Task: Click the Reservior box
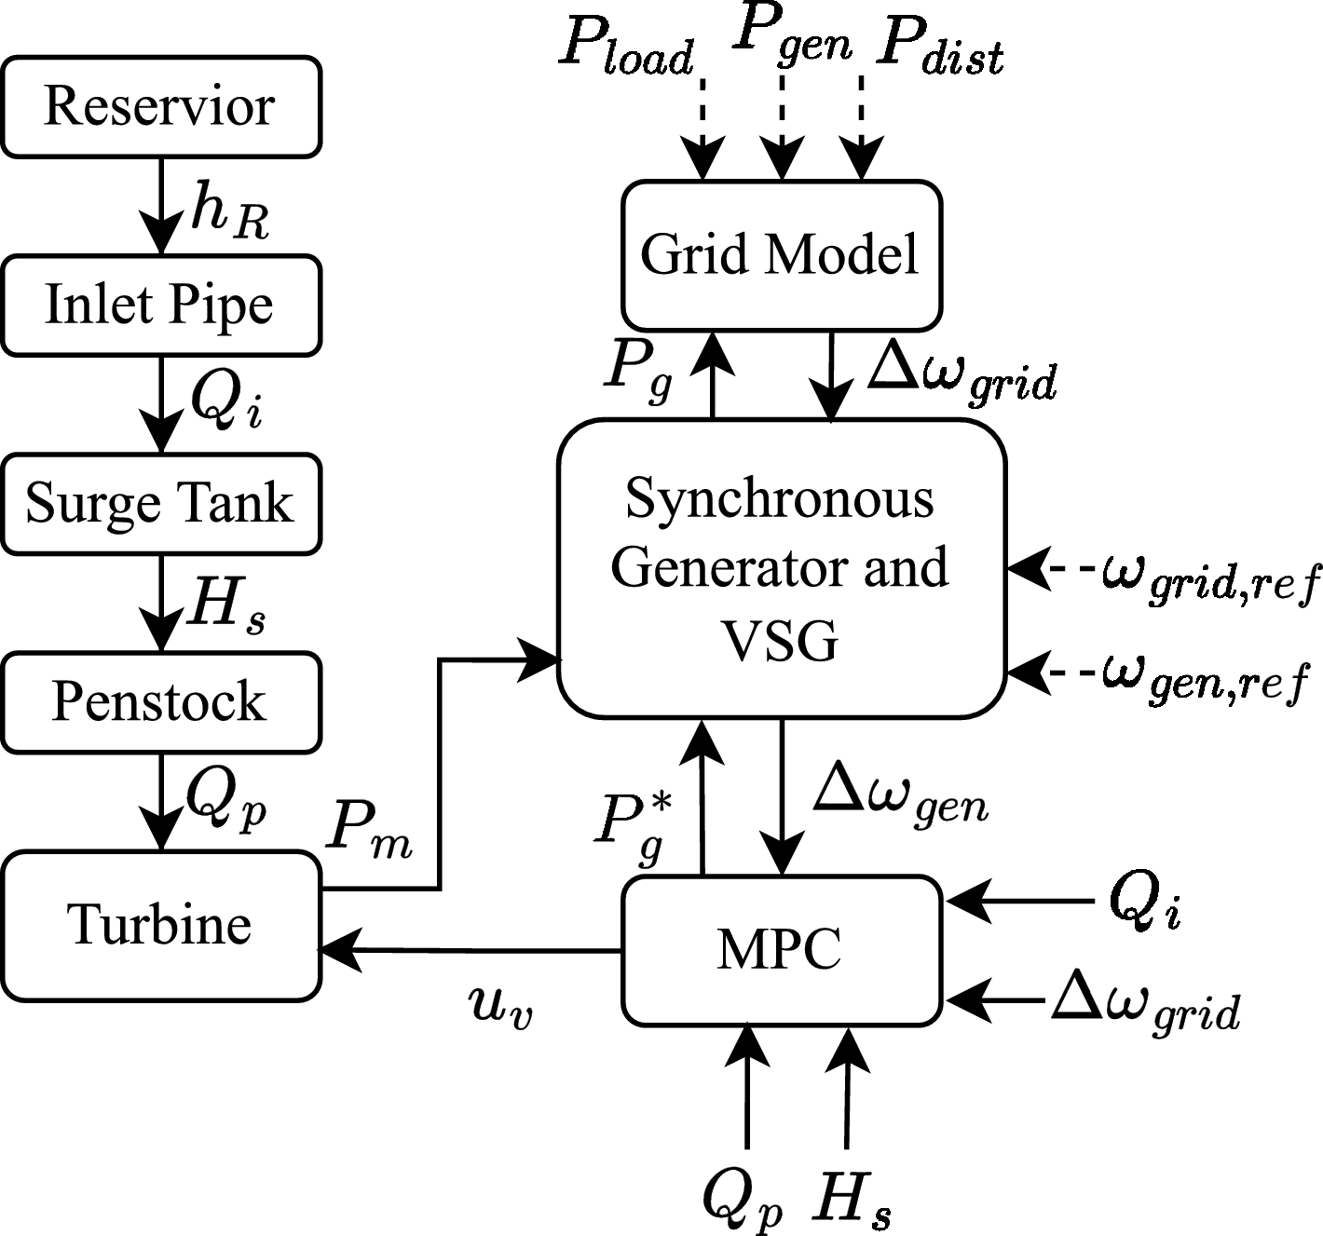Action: pyautogui.click(x=160, y=106)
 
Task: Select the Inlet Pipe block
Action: pyautogui.click(x=160, y=305)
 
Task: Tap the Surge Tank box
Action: pyautogui.click(x=160, y=503)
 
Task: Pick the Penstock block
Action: pyautogui.click(x=160, y=701)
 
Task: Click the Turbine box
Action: pyautogui.click(x=160, y=925)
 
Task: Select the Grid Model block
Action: pyautogui.click(x=781, y=254)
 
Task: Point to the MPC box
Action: pyautogui.click(x=781, y=949)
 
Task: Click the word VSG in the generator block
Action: pyautogui.click(x=781, y=641)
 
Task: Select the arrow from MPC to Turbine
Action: pyautogui.click(x=471, y=950)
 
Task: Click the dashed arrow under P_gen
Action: pyautogui.click(x=783, y=126)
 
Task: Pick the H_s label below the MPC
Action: pyautogui.click(x=851, y=1198)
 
